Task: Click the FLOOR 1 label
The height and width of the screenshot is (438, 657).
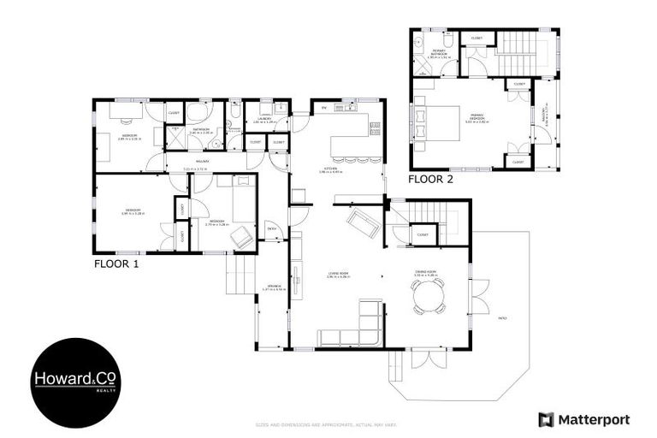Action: [115, 264]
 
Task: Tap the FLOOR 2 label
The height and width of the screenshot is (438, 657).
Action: [430, 180]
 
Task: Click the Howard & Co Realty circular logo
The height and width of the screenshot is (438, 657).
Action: [75, 382]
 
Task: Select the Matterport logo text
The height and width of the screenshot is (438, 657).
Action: [584, 419]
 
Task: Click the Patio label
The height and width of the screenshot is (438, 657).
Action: [502, 318]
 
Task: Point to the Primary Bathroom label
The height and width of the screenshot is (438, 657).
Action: [439, 54]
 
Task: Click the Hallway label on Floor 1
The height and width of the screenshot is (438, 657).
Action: [203, 162]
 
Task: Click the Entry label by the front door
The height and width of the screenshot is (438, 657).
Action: [271, 228]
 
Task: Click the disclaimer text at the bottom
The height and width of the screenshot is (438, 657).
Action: [328, 424]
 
